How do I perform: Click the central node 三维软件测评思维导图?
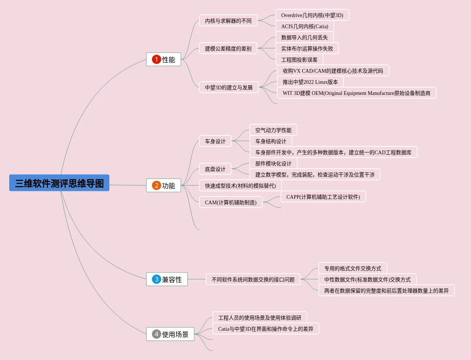(59, 183)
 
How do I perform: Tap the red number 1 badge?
(156, 59)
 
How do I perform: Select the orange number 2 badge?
(156, 185)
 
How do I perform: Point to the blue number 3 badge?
(156, 279)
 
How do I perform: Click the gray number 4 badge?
(156, 334)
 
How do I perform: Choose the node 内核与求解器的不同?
(228, 21)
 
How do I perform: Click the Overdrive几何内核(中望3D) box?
(312, 15)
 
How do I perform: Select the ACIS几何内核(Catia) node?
(305, 26)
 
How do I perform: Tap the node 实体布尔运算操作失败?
(307, 49)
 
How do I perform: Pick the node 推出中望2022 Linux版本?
(310, 82)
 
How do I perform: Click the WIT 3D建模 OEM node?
(356, 93)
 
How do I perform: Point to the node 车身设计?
(215, 141)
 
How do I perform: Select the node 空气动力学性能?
(273, 130)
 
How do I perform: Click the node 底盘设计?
(215, 169)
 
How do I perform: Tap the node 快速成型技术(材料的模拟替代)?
(240, 186)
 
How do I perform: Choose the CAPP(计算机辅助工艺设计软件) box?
(323, 197)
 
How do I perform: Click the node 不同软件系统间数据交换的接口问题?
(253, 280)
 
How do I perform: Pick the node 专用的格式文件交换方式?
(353, 268)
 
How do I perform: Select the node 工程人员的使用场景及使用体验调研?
(260, 318)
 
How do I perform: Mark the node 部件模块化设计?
(273, 164)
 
